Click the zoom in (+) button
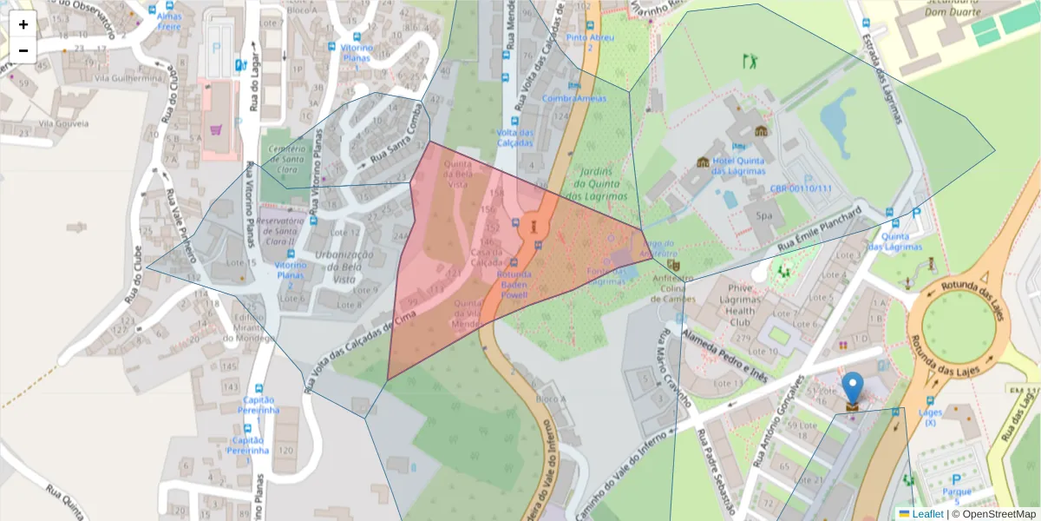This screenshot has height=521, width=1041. pyautogui.click(x=23, y=24)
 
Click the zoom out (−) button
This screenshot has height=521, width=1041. pyautogui.click(x=23, y=50)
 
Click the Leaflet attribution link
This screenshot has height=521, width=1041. pyautogui.click(x=926, y=513)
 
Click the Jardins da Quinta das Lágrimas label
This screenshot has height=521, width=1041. pyautogui.click(x=599, y=184)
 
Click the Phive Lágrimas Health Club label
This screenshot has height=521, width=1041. pyautogui.click(x=740, y=305)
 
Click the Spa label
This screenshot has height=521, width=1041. pyautogui.click(x=764, y=215)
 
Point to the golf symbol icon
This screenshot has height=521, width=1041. pyautogui.click(x=750, y=61)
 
